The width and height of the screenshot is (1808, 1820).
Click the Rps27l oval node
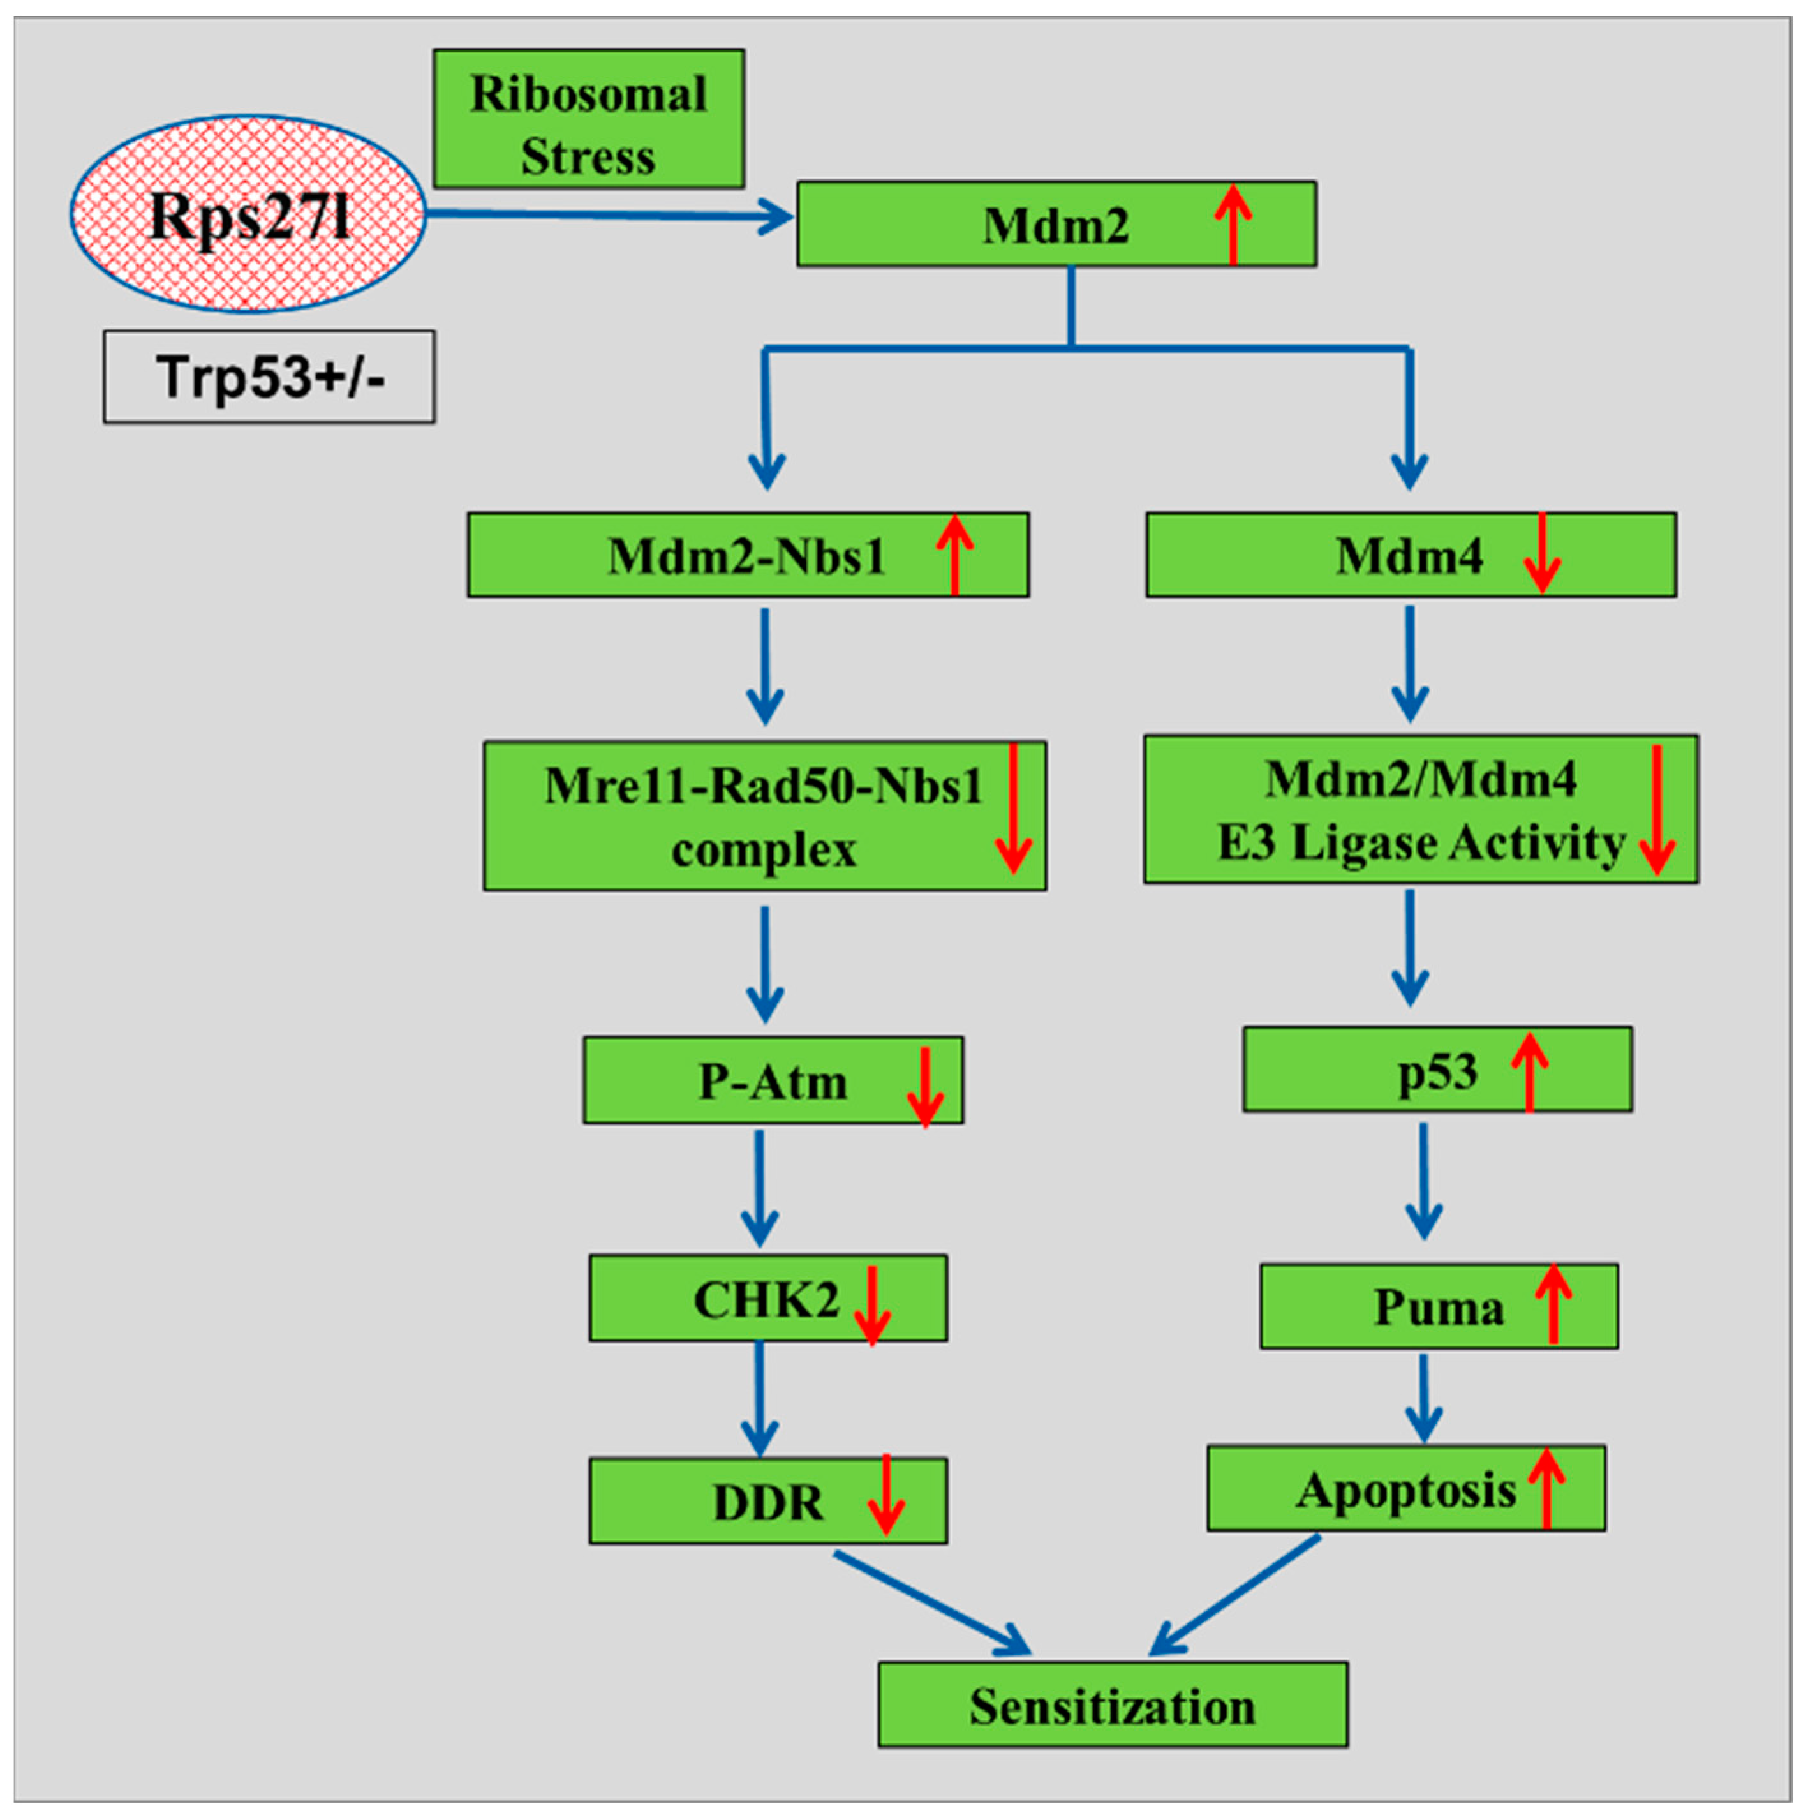point(248,215)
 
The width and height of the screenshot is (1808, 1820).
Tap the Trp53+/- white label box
point(269,377)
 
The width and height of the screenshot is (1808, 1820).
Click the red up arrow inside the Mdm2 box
point(1232,223)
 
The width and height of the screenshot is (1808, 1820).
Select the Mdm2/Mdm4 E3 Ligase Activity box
point(1420,810)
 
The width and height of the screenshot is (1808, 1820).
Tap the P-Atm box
point(772,1080)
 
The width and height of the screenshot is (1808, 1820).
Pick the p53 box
point(1437,1070)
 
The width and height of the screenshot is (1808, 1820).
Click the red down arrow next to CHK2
point(872,1305)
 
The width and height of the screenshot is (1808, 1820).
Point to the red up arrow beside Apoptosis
point(1545,1488)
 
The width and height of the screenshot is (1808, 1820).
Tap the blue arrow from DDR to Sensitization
point(932,1602)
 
